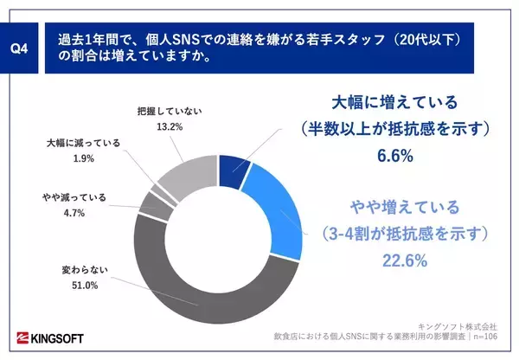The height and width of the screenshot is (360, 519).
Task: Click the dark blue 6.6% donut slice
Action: coord(234,171)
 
